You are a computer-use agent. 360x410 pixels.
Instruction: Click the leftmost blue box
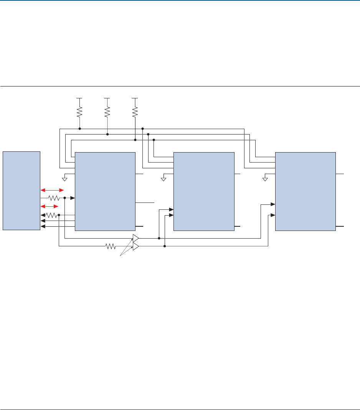(x=21, y=191)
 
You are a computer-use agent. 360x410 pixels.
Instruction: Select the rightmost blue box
(x=305, y=191)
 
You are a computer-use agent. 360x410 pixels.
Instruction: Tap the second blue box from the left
(x=105, y=191)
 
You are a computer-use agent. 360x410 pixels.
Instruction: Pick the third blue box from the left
(x=204, y=191)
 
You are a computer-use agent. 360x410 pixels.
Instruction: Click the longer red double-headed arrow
(x=52, y=190)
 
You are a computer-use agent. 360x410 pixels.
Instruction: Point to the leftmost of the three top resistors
(x=79, y=112)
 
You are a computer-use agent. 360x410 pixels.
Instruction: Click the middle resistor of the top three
(x=107, y=112)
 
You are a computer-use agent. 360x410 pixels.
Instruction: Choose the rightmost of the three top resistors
(x=135, y=112)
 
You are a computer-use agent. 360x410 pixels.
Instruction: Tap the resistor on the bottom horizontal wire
(x=111, y=247)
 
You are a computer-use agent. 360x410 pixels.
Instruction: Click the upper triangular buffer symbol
(x=136, y=238)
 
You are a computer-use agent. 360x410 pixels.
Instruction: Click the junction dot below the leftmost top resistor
(x=79, y=129)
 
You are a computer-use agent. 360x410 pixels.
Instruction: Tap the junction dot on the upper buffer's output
(x=159, y=238)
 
